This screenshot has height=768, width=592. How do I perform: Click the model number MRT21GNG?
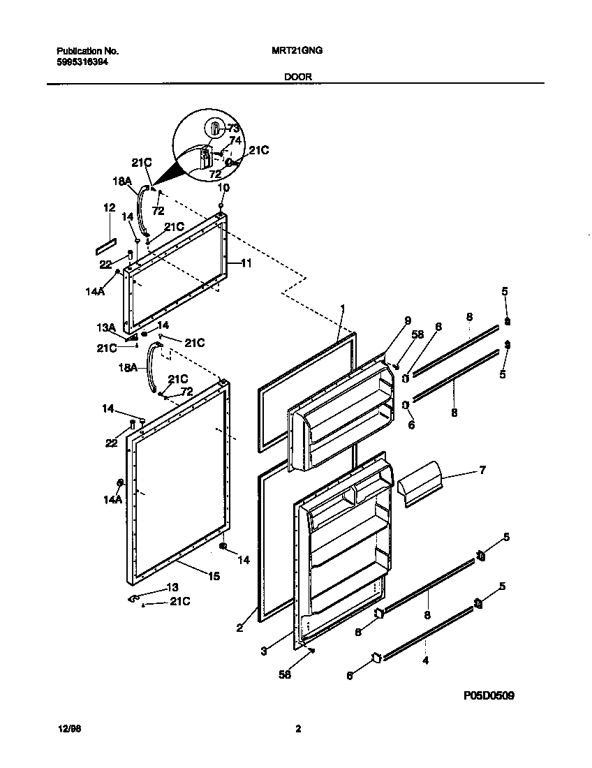296,51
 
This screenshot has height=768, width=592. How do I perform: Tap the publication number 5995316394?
82,61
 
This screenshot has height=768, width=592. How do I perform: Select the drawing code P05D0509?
489,696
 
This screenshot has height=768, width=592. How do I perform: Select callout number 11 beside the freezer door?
246,263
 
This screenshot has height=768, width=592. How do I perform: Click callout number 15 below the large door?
214,576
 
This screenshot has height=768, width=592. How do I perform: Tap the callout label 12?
108,207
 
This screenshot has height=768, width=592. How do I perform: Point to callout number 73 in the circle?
233,128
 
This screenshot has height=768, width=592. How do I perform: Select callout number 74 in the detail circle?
235,140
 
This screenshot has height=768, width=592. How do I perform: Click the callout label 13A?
105,327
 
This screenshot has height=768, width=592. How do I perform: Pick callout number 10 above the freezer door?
223,188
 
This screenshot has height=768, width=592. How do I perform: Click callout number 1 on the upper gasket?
343,307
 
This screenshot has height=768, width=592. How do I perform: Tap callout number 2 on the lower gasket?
239,628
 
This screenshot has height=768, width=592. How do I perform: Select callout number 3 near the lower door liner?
263,651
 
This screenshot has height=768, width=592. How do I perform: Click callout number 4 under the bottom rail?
426,659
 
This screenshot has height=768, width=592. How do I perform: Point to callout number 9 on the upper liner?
408,321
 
